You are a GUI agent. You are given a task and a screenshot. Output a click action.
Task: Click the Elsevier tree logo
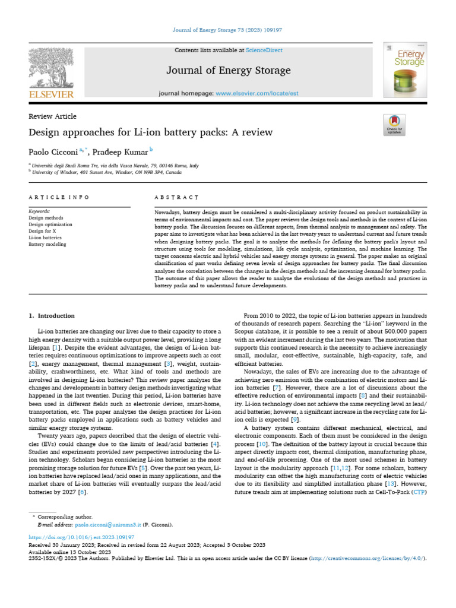51,66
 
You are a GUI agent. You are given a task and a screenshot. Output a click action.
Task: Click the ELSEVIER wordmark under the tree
51,94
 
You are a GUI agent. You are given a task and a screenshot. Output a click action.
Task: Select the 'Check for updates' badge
394,125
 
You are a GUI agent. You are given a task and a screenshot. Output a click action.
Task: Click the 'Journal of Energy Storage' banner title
228,71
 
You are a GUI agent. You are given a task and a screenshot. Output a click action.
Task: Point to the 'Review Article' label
52,116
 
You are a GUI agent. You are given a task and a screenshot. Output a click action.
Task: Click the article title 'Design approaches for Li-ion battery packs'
150,132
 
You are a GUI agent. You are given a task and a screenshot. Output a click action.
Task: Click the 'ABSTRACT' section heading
176,197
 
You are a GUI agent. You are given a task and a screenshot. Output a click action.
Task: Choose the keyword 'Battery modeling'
47,244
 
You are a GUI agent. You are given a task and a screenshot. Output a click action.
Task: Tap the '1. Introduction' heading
52,316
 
